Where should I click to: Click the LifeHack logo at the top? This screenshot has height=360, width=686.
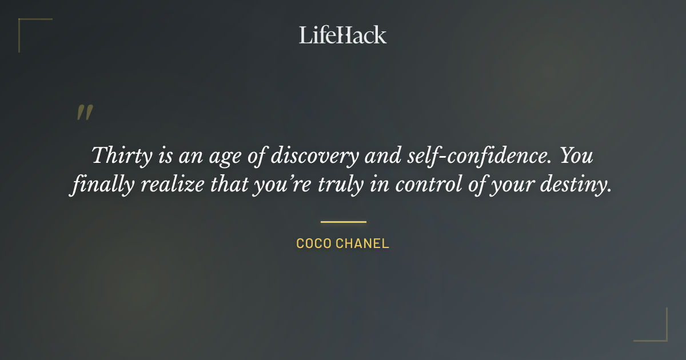point(342,35)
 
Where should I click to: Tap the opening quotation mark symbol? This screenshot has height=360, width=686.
point(84,113)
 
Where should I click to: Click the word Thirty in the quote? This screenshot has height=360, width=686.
point(119,155)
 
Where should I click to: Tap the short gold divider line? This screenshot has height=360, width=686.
point(343,222)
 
